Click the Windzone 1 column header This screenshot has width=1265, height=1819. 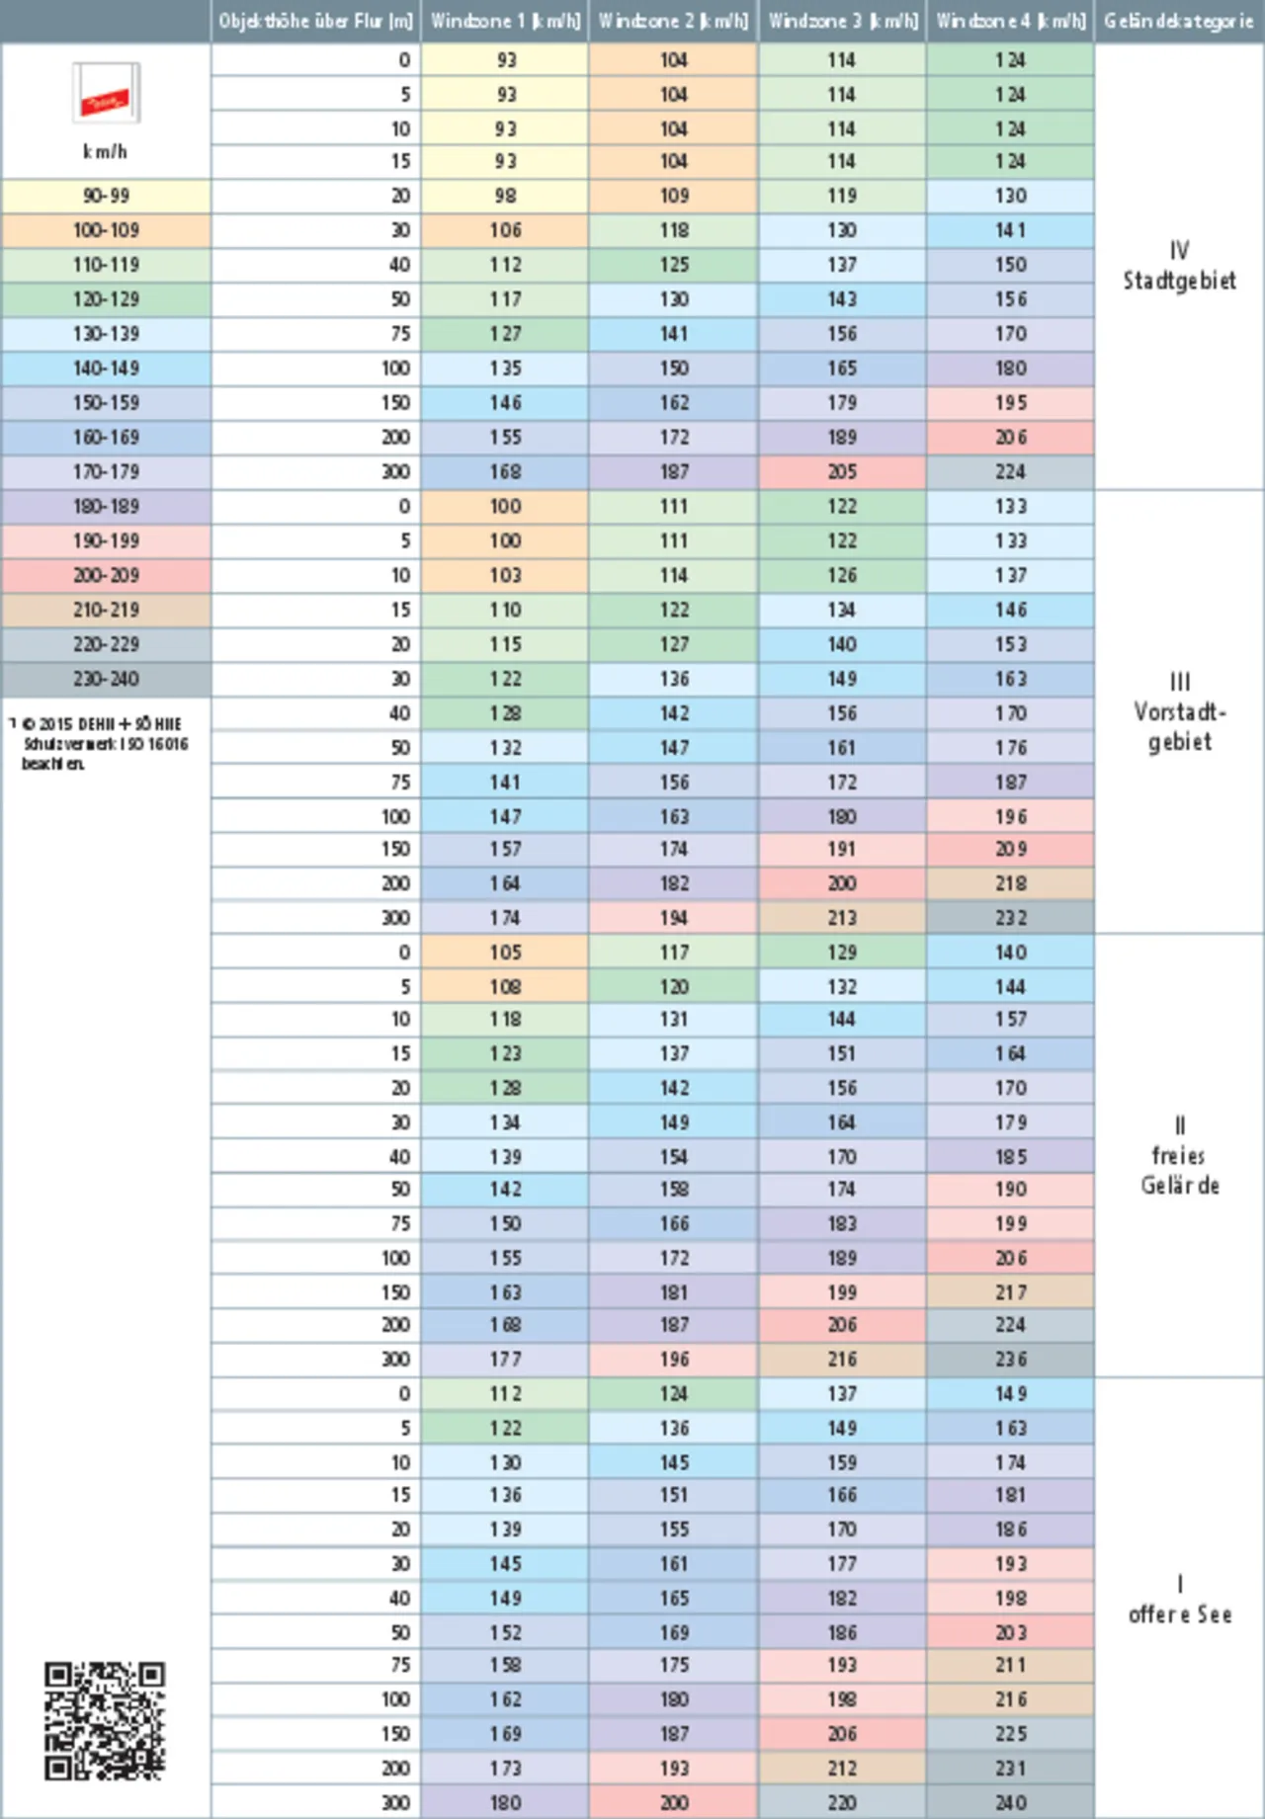(505, 21)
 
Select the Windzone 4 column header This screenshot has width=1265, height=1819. (1010, 21)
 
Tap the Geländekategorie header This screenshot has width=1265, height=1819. (1179, 21)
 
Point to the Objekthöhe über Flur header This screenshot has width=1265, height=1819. (315, 21)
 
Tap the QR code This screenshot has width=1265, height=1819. (105, 1720)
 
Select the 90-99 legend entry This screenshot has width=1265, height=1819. (106, 196)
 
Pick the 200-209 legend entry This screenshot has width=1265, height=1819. (106, 575)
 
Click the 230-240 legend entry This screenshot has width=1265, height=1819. (106, 679)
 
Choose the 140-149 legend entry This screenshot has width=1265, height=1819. (106, 369)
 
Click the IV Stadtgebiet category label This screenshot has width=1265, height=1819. (1179, 266)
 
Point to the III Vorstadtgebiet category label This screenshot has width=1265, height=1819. (1179, 711)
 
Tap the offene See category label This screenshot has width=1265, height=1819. (1179, 1601)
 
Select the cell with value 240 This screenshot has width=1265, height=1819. (1010, 1802)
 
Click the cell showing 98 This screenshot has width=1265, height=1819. (505, 196)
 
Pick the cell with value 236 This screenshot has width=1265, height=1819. (1010, 1360)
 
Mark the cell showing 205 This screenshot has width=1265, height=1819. (842, 472)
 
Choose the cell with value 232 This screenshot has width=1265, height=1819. (1010, 918)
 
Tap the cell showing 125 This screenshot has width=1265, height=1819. (674, 265)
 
